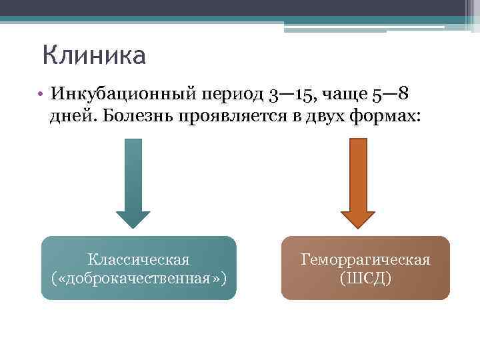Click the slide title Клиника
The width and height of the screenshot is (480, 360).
tap(93, 55)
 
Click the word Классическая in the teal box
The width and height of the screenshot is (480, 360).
tap(139, 259)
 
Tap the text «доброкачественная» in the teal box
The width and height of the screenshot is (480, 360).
tap(139, 277)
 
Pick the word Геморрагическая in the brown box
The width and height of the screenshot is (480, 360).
tap(365, 259)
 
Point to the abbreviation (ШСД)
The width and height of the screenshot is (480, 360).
tap(365, 277)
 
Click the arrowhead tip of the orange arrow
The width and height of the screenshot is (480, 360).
tap(358, 227)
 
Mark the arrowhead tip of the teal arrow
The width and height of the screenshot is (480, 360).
tap(133, 227)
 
